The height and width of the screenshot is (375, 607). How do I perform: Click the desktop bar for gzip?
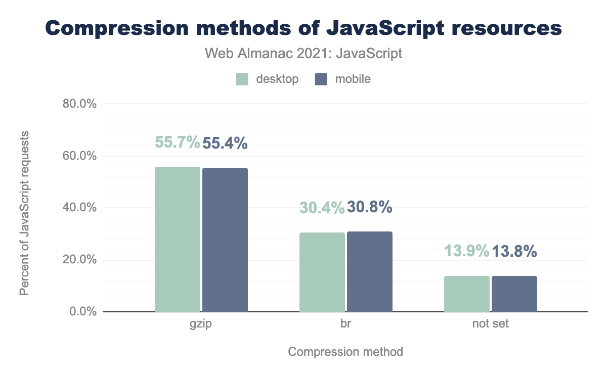tap(178, 239)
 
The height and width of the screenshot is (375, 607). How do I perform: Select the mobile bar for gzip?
tap(225, 240)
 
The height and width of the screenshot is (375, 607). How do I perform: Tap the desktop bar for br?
tap(322, 272)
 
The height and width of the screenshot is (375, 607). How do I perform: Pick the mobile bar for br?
tap(370, 271)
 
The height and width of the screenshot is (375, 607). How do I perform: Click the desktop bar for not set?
tap(467, 294)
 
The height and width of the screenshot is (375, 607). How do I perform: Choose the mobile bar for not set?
tap(514, 294)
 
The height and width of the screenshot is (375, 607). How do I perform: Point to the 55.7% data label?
tap(178, 143)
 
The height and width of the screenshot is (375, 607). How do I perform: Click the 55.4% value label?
tap(225, 144)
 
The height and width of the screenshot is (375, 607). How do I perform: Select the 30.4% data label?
tap(322, 207)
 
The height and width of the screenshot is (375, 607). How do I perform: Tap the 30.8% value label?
tap(370, 207)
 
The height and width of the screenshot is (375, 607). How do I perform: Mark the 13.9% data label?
tap(467, 251)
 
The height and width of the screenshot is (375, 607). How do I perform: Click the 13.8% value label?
tap(514, 251)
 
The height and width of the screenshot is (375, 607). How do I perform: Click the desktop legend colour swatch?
tap(242, 79)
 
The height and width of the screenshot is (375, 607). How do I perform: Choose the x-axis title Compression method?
tap(345, 352)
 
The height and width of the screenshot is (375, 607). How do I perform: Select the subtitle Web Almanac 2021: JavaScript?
tap(303, 53)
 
